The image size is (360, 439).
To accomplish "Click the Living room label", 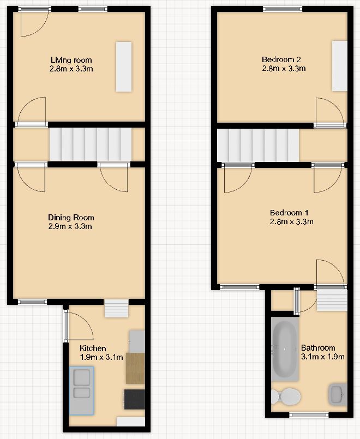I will (71, 60).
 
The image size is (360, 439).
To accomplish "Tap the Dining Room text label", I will (71, 218).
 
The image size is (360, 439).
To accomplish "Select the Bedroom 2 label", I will (282, 59).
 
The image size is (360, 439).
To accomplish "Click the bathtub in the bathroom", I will (285, 349).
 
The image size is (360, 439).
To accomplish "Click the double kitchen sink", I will (82, 390).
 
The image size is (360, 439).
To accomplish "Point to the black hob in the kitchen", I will (135, 399).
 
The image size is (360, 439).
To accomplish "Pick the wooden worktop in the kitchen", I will (135, 368).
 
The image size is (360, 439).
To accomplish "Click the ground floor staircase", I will (91, 144).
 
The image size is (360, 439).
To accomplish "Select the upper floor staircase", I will (258, 146).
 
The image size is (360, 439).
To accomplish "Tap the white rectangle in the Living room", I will (123, 67).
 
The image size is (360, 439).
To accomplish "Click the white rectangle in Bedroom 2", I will (340, 66).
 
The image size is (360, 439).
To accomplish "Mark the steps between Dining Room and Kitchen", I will (116, 309).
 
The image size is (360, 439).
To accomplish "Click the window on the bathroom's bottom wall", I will (309, 415).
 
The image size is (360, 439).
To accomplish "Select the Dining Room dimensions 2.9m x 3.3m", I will (71, 226).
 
